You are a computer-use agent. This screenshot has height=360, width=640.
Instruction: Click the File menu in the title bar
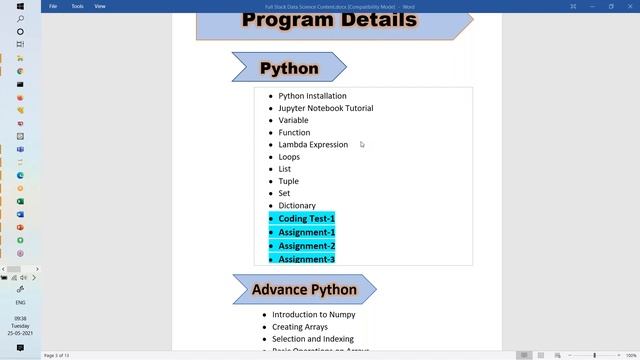tap(53, 6)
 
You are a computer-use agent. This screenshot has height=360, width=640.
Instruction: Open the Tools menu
tap(77, 6)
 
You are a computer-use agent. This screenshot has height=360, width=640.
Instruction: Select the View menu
tap(100, 6)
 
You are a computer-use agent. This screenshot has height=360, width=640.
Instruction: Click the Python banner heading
tap(289, 69)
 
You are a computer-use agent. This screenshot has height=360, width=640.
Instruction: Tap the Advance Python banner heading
tap(304, 290)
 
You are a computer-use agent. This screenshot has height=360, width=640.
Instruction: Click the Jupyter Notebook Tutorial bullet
tap(325, 108)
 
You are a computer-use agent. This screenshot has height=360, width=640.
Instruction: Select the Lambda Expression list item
tap(313, 144)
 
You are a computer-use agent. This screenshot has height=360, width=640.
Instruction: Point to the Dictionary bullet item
tap(297, 205)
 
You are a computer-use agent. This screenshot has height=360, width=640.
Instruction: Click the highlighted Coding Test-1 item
tap(306, 218)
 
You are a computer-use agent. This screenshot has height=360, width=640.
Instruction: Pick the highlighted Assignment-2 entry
tap(306, 246)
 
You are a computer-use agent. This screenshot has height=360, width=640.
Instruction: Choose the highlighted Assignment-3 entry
tap(306, 259)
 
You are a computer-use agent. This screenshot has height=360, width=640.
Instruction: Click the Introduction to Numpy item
tap(313, 314)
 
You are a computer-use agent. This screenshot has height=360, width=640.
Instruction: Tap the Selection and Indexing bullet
tap(313, 339)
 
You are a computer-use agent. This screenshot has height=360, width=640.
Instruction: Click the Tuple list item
tap(288, 181)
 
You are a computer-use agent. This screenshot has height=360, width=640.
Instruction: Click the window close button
tap(629, 6)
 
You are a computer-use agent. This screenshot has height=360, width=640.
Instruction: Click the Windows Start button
tap(20, 6)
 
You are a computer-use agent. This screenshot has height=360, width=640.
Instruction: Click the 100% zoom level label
tap(630, 355)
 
